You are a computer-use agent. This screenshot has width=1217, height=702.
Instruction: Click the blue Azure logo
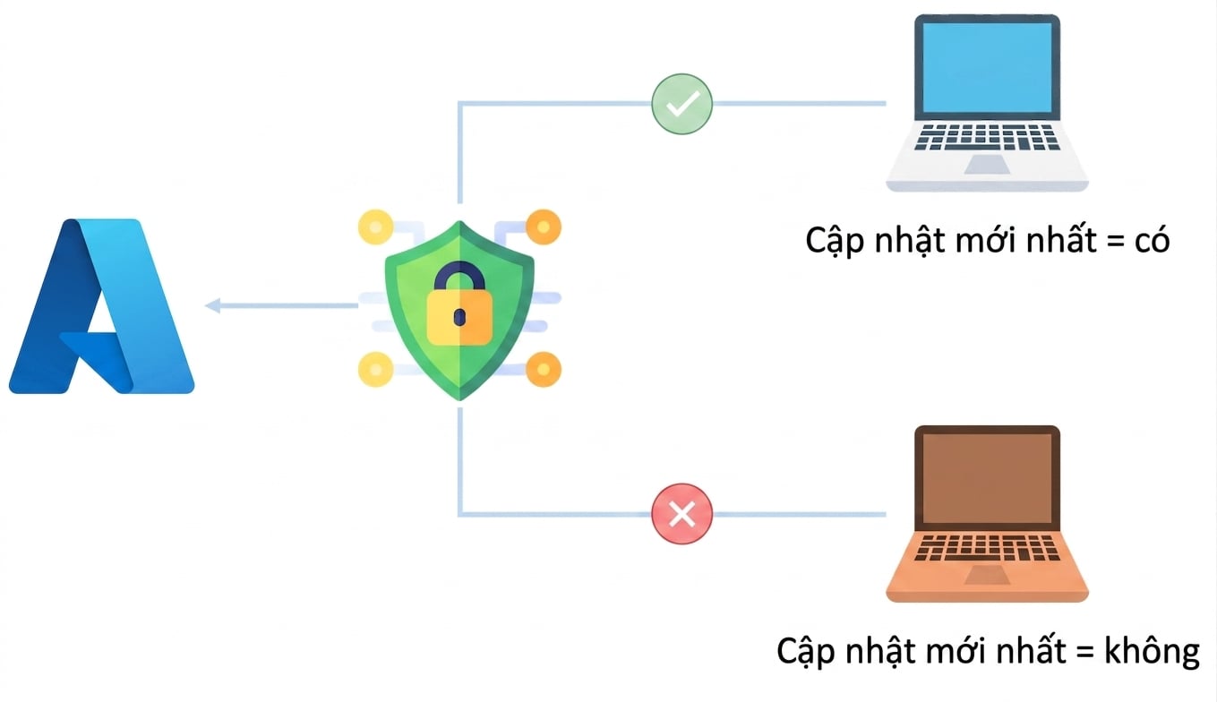[x=101, y=306]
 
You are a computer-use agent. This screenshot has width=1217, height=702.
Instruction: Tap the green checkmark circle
[x=681, y=104]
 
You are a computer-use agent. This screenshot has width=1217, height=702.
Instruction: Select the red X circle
[x=681, y=513]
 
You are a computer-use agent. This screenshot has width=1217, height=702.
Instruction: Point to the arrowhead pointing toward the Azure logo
[x=212, y=305]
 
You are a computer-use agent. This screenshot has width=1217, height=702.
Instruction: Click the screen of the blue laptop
[x=987, y=67]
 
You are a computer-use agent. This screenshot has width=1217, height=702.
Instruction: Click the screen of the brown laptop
[x=987, y=479]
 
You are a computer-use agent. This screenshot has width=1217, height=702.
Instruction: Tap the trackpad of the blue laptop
[x=987, y=164]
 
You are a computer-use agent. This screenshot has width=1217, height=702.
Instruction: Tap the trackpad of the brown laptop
[x=987, y=575]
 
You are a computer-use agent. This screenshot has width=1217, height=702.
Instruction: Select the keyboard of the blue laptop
[x=987, y=136]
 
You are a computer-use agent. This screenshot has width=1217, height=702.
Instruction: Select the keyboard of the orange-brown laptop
[x=987, y=548]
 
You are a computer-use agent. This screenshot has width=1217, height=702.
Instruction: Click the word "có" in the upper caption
[x=1152, y=241]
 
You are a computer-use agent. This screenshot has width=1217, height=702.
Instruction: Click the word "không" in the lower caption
[x=1152, y=652]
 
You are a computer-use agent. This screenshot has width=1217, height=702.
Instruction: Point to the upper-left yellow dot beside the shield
[x=375, y=227]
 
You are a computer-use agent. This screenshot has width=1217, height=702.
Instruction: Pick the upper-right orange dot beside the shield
[x=544, y=227]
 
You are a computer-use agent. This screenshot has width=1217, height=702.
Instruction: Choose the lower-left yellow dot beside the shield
[x=375, y=370]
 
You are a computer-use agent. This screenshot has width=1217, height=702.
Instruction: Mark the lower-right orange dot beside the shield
[x=544, y=370]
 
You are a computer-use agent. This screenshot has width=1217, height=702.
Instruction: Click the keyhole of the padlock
[x=459, y=317]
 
